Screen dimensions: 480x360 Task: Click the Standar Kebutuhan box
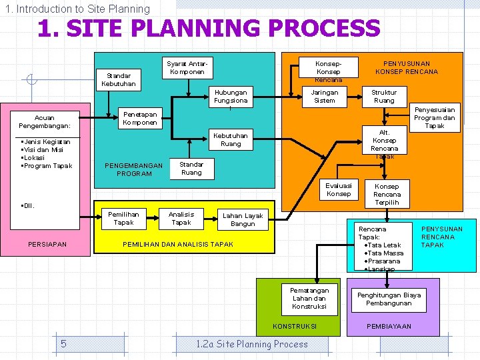tap(118, 79)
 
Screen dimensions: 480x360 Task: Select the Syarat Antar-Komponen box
tap(187, 68)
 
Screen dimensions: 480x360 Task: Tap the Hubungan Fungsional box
tap(231, 97)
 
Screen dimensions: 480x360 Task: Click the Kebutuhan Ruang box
tap(231, 139)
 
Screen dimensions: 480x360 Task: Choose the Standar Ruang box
tap(191, 168)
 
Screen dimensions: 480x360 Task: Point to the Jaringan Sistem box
tap(325, 97)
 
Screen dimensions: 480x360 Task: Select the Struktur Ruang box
tap(384, 97)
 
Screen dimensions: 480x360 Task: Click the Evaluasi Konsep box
tap(339, 189)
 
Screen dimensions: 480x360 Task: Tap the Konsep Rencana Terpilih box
tap(387, 194)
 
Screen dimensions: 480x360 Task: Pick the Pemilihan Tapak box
tap(123, 218)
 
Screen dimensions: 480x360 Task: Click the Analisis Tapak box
tap(181, 218)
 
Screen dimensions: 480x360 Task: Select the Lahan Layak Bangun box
tap(243, 220)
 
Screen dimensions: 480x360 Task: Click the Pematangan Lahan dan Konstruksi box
tap(309, 298)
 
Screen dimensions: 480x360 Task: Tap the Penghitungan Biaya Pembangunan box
tap(389, 299)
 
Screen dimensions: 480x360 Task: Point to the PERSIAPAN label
tap(47, 245)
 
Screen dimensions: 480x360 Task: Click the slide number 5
tap(63, 344)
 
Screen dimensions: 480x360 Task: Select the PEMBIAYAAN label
tap(389, 327)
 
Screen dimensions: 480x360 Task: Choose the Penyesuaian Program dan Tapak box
tap(434, 117)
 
